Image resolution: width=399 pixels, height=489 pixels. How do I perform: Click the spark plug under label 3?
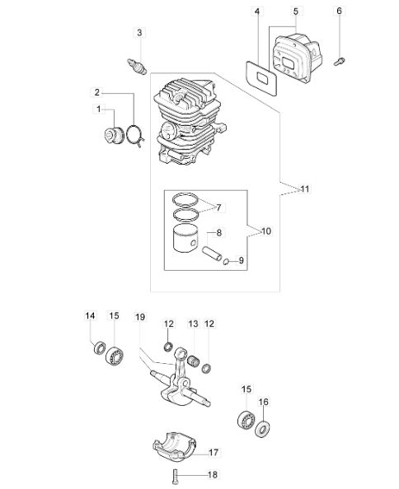click(x=138, y=66)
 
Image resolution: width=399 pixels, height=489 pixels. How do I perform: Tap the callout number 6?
click(x=339, y=11)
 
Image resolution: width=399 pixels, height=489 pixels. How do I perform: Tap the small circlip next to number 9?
click(x=227, y=261)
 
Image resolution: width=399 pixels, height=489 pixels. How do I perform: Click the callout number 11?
click(x=305, y=189)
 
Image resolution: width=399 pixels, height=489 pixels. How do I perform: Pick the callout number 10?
click(x=266, y=231)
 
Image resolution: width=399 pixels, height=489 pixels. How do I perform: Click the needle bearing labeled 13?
click(x=195, y=361)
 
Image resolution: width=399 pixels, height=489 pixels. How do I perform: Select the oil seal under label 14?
click(x=100, y=347)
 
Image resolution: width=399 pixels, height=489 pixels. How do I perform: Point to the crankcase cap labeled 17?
click(x=174, y=445)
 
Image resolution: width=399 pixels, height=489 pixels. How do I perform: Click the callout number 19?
click(x=140, y=317)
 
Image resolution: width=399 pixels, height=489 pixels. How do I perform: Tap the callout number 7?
click(x=218, y=207)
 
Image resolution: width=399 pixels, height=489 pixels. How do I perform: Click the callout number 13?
click(x=193, y=324)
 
